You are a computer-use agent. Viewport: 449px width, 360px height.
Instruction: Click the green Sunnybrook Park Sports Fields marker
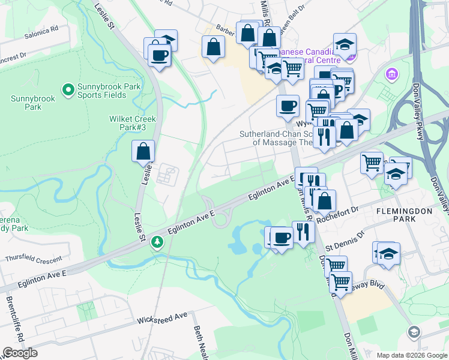[x=68, y=91]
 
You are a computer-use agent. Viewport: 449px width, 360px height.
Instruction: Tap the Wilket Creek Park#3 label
[x=132, y=123]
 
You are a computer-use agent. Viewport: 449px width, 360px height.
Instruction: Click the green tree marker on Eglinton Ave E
[x=157, y=241]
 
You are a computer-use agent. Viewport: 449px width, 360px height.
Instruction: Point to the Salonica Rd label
[x=41, y=29]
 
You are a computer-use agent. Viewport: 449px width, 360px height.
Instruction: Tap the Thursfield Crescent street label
[x=34, y=259]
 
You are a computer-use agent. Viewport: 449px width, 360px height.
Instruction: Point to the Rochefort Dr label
[x=340, y=211]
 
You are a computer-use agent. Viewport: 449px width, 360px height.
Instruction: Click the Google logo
[x=20, y=353]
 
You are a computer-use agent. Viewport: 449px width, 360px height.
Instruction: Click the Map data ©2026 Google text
[x=411, y=355]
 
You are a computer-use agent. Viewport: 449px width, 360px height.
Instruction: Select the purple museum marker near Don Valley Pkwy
[x=392, y=74]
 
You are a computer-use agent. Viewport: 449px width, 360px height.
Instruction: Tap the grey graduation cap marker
[x=414, y=332]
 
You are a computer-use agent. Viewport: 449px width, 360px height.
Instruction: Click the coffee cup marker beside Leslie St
[x=160, y=56]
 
